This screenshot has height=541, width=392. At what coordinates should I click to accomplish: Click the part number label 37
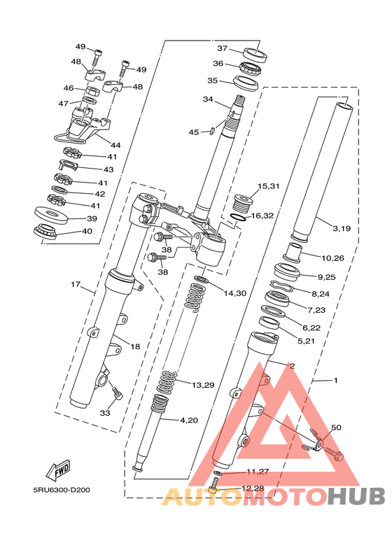222,48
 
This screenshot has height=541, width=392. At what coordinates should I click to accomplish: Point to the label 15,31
269,186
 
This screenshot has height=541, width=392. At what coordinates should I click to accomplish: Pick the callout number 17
76,284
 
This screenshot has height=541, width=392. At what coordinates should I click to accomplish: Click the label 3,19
342,228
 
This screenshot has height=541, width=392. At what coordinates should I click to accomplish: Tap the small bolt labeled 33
117,393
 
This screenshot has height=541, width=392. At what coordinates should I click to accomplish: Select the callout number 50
336,428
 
